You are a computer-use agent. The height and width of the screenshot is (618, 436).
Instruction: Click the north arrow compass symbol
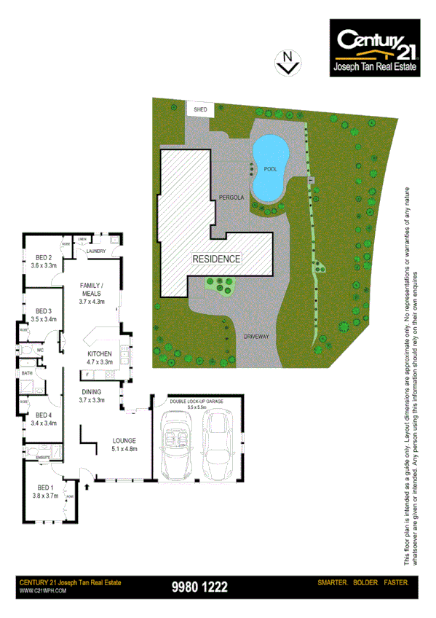[288, 62]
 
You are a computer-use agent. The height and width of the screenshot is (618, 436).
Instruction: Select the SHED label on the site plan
[200, 109]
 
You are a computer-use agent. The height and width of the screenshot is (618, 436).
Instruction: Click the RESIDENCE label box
[216, 259]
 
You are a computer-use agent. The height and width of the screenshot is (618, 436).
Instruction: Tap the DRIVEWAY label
[257, 337]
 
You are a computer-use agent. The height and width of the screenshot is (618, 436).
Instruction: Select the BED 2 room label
[44, 257]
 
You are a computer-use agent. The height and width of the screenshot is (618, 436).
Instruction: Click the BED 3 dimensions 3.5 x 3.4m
[44, 318]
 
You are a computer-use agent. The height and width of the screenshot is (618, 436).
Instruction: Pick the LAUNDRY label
[96, 251]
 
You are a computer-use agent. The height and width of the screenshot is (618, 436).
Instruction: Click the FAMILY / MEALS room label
[92, 289]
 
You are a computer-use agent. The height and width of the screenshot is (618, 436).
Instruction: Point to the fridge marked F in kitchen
[88, 375]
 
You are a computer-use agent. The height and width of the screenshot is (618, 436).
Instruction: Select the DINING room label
[92, 391]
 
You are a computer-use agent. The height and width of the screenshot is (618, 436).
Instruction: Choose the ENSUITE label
[43, 457]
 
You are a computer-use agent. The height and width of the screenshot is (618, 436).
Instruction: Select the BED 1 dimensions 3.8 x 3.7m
[44, 495]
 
